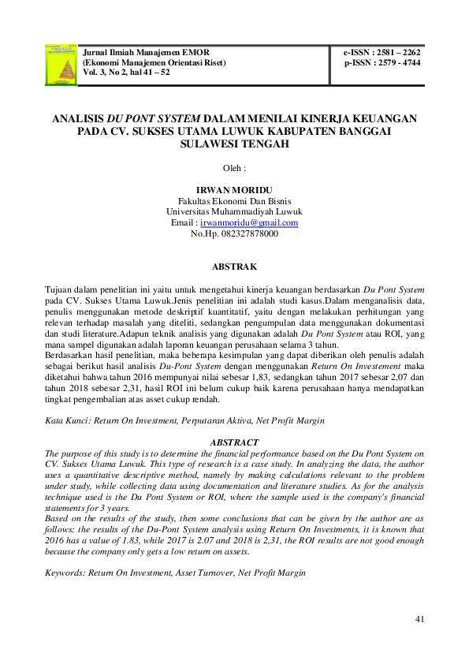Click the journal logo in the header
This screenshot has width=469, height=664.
61,64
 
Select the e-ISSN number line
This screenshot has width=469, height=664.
382,53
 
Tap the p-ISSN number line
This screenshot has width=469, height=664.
382,62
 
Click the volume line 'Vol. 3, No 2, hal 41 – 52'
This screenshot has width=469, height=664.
128,72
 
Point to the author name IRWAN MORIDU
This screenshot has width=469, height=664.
234,191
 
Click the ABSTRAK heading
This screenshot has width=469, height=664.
234,267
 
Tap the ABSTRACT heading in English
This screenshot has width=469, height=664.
234,443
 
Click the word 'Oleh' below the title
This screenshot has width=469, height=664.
233,168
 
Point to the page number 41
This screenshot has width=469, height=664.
419,619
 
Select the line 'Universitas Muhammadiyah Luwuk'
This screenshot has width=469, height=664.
234,212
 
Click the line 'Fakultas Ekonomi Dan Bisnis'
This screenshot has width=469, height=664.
234,202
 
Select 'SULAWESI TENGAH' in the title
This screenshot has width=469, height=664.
234,145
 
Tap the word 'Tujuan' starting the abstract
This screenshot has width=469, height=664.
60,290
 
